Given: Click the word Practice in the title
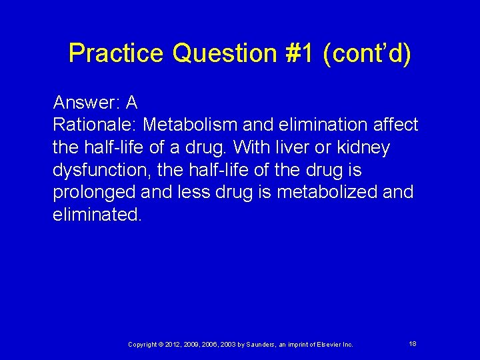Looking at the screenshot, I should point(117,53).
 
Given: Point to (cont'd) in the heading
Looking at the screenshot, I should point(367,53).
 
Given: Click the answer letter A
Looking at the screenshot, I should point(131,102).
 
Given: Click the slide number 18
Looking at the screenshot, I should point(413,343).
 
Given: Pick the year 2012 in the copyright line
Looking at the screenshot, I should point(173,344).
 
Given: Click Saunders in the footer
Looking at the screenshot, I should point(263,344).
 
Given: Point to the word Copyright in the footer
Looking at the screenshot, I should point(143,344).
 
